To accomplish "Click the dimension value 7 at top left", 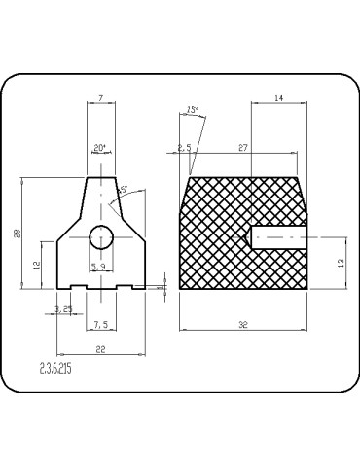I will click(100, 98).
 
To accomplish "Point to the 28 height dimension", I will click(17, 233).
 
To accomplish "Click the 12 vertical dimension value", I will click(36, 265).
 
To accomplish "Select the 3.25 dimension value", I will click(64, 309).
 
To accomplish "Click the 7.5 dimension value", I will click(100, 324).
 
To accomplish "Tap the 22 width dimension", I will click(100, 349).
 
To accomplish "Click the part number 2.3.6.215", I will click(55, 371).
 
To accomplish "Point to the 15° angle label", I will click(192, 110).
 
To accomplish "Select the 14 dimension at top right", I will click(278, 98).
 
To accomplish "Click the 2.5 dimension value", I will click(184, 148).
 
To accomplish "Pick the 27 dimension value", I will click(244, 148).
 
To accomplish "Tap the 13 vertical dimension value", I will click(341, 263).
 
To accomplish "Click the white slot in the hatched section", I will click(280, 235).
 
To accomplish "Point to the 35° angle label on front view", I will click(122, 190).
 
